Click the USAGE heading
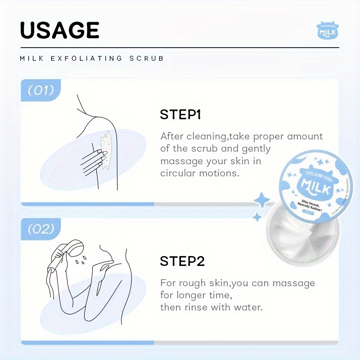(60, 31)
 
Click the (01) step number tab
(41, 90)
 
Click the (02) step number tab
(41, 229)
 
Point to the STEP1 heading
(180, 115)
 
